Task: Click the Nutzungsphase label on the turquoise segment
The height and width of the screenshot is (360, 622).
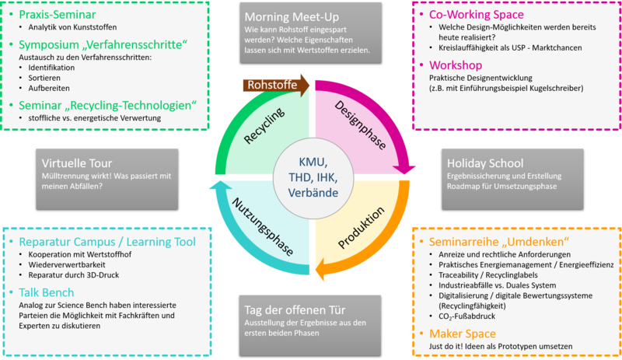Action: pyautogui.click(x=264, y=226)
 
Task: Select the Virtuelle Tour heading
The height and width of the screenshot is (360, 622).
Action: pyautogui.click(x=79, y=163)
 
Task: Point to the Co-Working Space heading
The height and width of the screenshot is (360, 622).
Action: pyautogui.click(x=476, y=15)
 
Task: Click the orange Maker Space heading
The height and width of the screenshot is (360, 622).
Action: pyautogui.click(x=466, y=334)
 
